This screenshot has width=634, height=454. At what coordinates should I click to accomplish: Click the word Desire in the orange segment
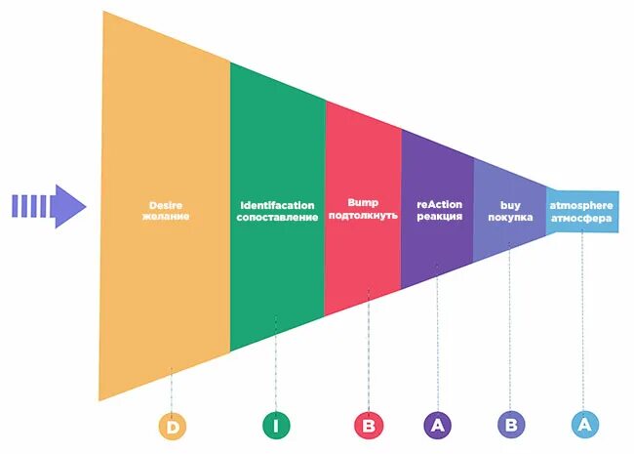pyautogui.click(x=166, y=205)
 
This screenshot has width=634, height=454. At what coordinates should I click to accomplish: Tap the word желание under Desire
pyautogui.click(x=166, y=217)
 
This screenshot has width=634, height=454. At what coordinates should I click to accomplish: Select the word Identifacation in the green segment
pyautogui.click(x=278, y=205)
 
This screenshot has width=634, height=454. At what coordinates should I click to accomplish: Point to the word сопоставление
pyautogui.click(x=278, y=217)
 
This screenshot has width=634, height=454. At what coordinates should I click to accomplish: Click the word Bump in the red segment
pyautogui.click(x=363, y=203)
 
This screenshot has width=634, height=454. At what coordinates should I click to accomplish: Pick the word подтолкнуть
pyautogui.click(x=363, y=215)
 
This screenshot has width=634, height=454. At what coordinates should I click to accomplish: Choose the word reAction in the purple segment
pyautogui.click(x=439, y=204)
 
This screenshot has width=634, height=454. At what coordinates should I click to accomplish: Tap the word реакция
pyautogui.click(x=439, y=216)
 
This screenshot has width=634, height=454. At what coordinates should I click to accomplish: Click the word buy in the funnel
pyautogui.click(x=510, y=205)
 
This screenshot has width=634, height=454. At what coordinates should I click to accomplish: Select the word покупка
pyautogui.click(x=510, y=217)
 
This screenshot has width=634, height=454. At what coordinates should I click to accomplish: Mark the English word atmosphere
pyautogui.click(x=581, y=205)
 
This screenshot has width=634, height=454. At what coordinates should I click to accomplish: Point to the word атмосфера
pyautogui.click(x=581, y=217)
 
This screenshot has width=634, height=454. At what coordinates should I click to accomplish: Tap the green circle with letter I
pyautogui.click(x=276, y=425)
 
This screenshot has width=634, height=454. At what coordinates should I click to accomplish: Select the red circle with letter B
pyautogui.click(x=369, y=425)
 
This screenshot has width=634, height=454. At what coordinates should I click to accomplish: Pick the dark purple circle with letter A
pyautogui.click(x=438, y=425)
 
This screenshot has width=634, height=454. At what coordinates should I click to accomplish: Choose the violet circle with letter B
pyautogui.click(x=510, y=425)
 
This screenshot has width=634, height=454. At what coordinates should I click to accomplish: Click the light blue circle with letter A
pyautogui.click(x=584, y=425)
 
